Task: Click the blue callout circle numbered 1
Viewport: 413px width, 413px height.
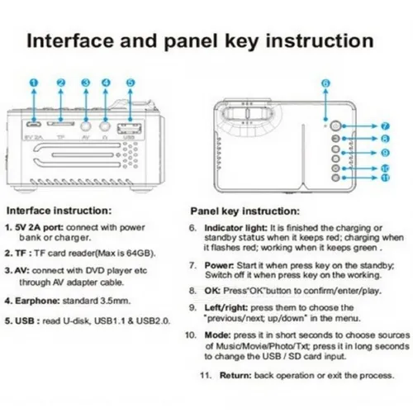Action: (32, 83)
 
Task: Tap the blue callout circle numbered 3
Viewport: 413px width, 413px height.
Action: (86, 83)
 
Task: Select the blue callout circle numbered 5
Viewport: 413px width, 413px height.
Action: (131, 83)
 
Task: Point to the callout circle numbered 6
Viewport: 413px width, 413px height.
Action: (325, 83)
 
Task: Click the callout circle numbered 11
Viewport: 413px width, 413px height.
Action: (385, 178)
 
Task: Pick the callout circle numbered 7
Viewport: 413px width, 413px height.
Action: (385, 126)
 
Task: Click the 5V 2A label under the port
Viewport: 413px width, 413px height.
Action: (34, 139)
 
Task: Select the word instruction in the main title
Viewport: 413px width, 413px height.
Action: (320, 40)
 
